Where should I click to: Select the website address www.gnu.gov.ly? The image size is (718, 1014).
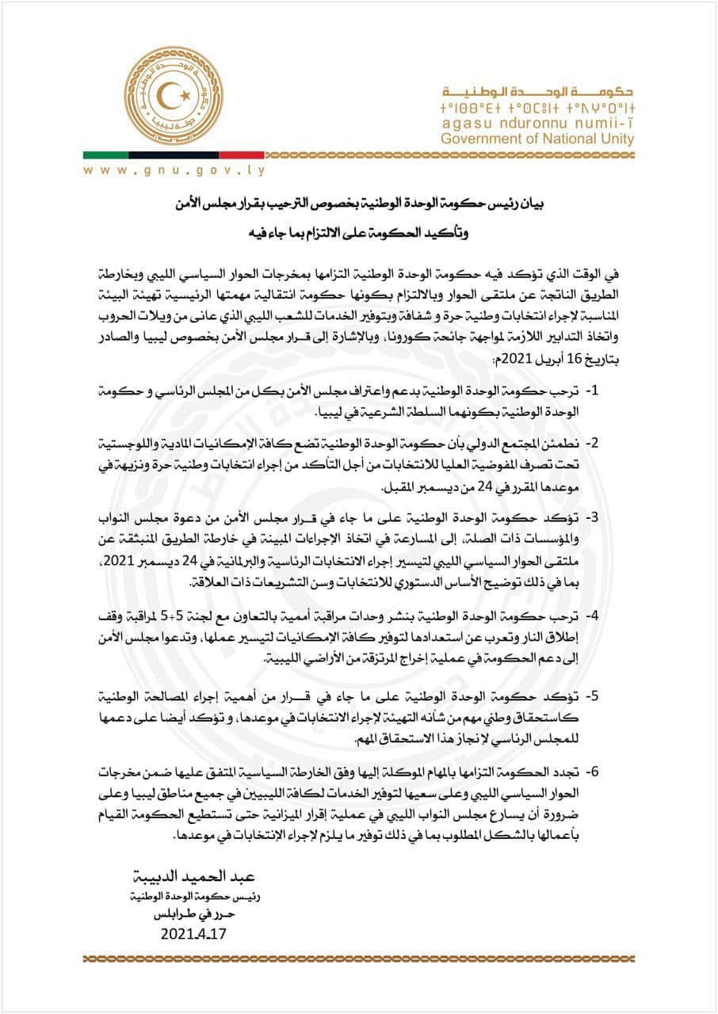pos(174,170)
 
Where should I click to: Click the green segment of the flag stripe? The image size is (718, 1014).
pos(106,154)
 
